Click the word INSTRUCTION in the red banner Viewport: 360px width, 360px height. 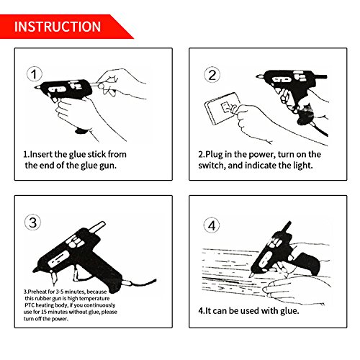(x=58, y=27)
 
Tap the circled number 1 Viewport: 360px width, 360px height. (x=34, y=74)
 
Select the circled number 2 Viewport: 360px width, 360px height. (x=212, y=75)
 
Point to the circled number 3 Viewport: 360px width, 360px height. (x=33, y=222)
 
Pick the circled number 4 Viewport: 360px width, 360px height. (x=212, y=225)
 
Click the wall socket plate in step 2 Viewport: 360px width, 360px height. (x=222, y=108)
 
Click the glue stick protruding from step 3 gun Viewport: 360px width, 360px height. (x=97, y=227)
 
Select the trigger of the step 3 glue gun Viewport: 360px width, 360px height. (x=77, y=274)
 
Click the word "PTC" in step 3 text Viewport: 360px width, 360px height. (x=30, y=305)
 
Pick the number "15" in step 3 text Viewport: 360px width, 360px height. (x=44, y=312)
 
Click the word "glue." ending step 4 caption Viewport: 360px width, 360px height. (x=289, y=311)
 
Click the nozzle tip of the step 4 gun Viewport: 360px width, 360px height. (x=251, y=275)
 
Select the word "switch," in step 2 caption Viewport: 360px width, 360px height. (x=212, y=166)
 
